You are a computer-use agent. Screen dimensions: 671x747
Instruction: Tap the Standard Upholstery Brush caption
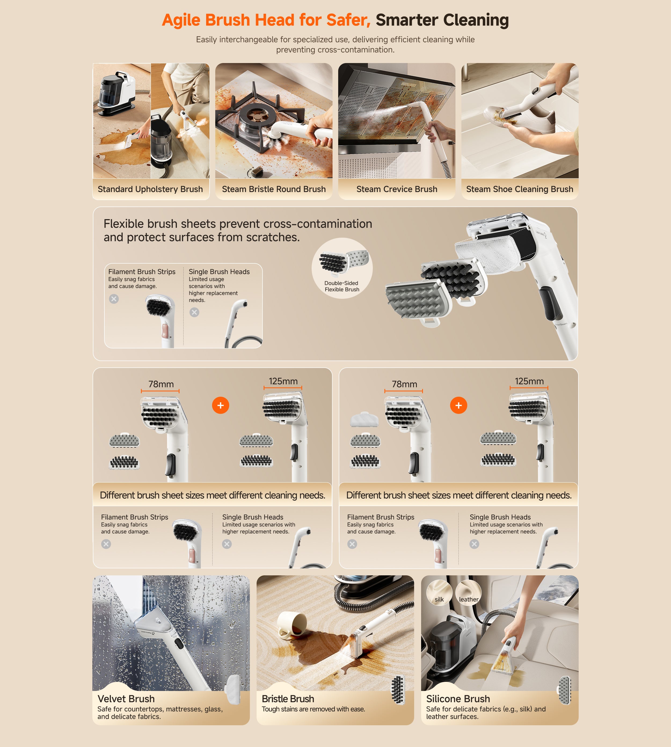pyautogui.click(x=150, y=189)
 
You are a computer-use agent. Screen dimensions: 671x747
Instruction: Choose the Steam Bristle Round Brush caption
pyautogui.click(x=274, y=189)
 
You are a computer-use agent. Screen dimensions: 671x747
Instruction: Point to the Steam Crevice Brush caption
pyautogui.click(x=397, y=189)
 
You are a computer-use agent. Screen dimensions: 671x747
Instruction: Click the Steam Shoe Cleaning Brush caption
pyautogui.click(x=519, y=189)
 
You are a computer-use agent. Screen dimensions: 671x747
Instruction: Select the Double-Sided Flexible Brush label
pyautogui.click(x=342, y=286)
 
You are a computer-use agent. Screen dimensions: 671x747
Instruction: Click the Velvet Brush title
pyautogui.click(x=126, y=699)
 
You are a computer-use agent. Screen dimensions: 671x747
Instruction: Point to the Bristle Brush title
pyautogui.click(x=288, y=699)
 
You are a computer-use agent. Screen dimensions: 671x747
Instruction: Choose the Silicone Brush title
pyautogui.click(x=458, y=699)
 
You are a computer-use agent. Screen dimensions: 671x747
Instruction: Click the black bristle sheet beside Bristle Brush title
pyautogui.click(x=398, y=690)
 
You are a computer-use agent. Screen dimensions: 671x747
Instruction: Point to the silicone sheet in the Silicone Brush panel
pyautogui.click(x=564, y=690)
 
